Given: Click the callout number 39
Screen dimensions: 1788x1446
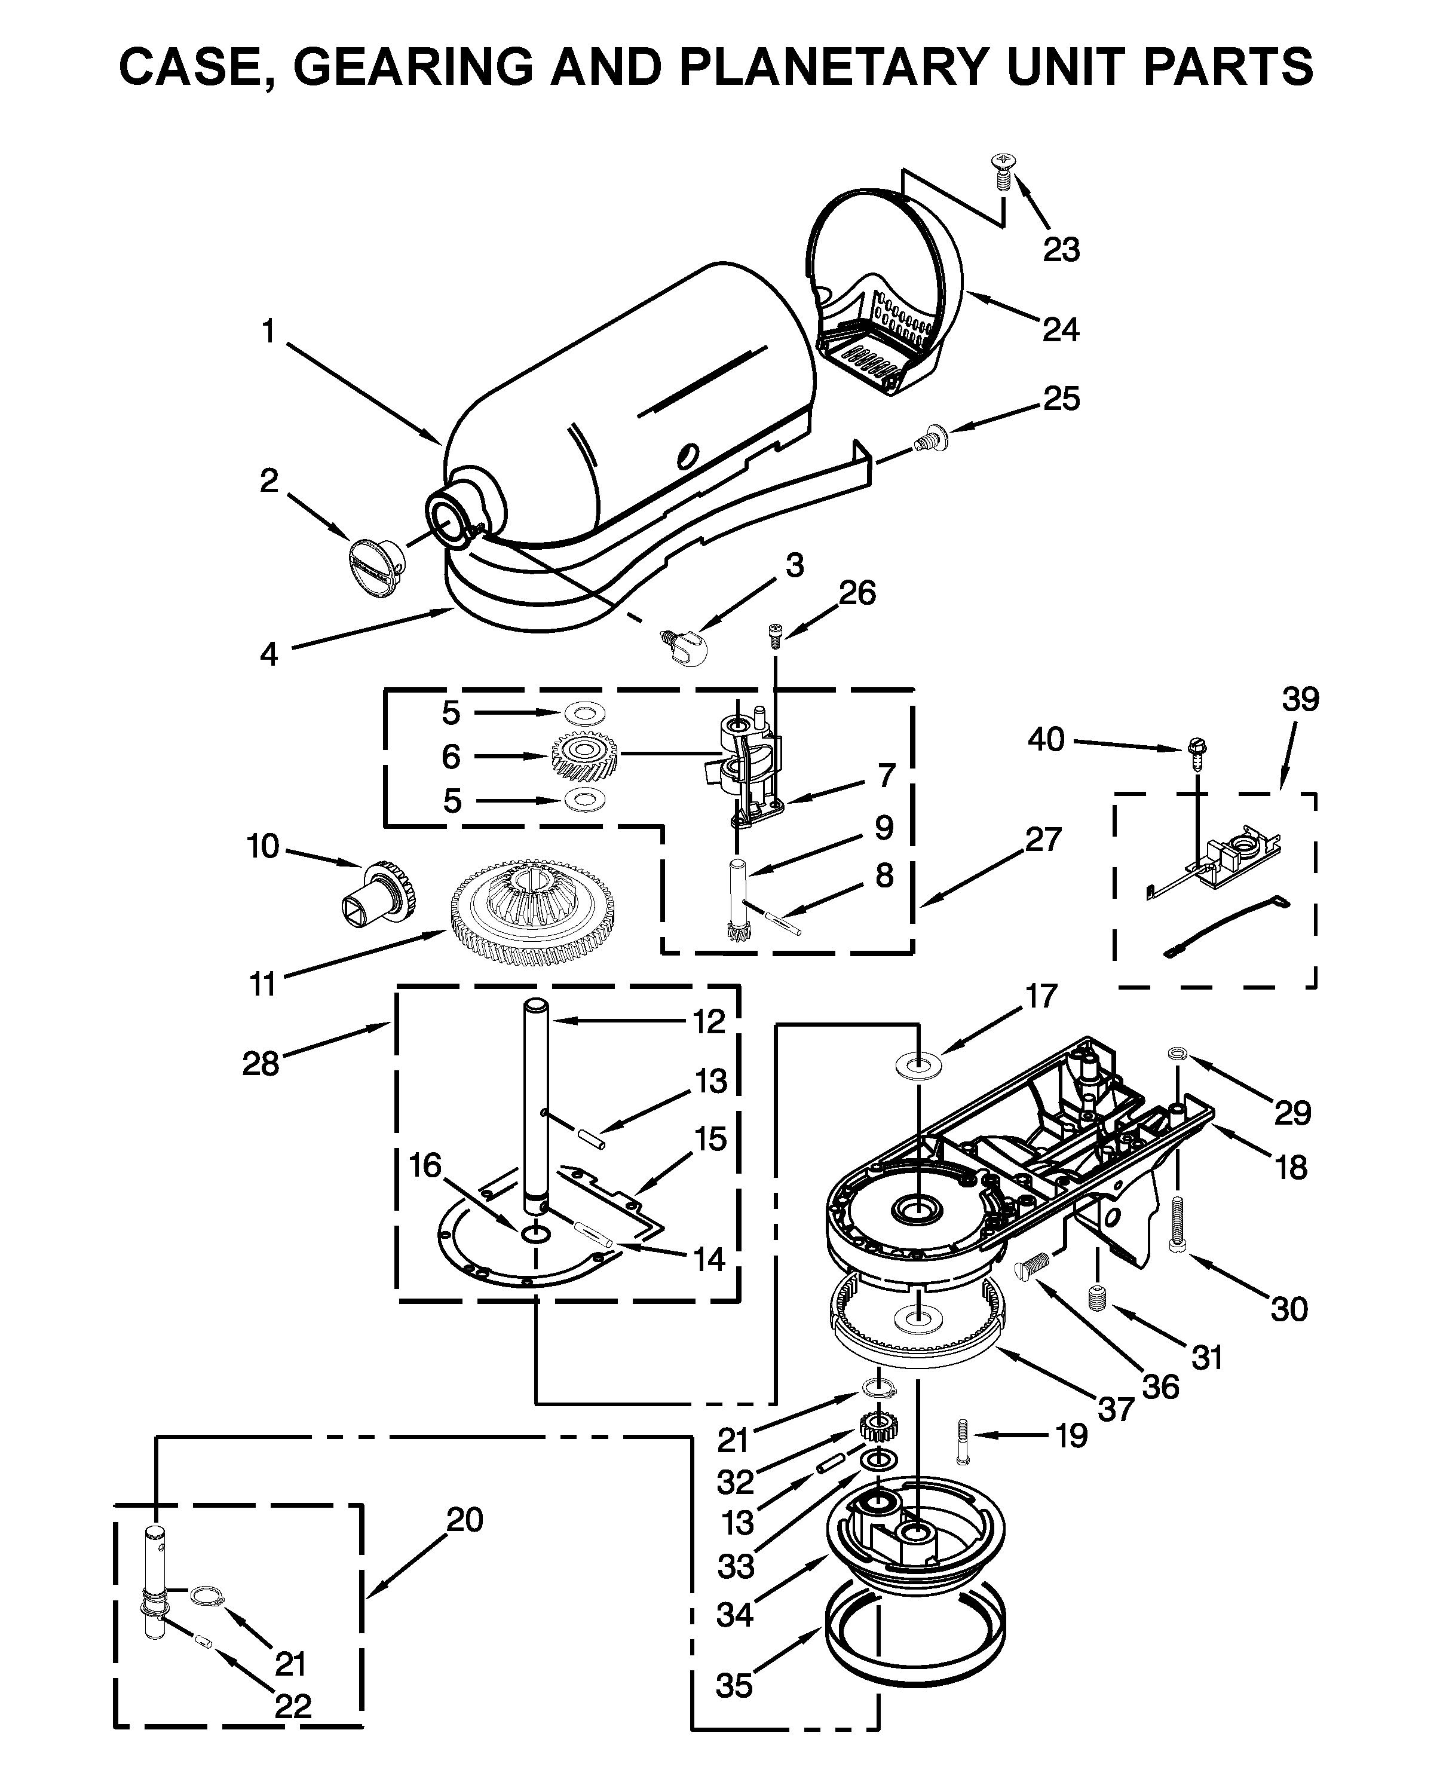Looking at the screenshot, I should [1300, 699].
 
